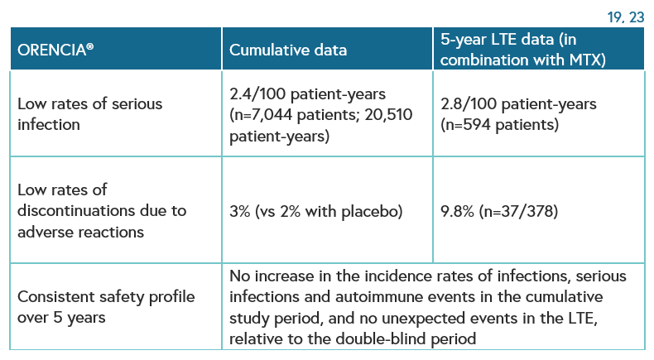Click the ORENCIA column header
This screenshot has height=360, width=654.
[55, 50]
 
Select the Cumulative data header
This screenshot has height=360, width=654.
[288, 50]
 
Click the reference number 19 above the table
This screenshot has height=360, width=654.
[614, 17]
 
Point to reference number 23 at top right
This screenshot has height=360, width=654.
[637, 17]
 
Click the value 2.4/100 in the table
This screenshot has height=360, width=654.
[257, 94]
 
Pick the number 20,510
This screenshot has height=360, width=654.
[388, 115]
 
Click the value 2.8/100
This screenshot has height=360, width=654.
[469, 104]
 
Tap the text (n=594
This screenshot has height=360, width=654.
[465, 125]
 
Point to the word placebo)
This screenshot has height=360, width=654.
[372, 212]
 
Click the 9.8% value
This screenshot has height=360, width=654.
[457, 212]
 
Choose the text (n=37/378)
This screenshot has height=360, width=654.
[518, 212]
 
